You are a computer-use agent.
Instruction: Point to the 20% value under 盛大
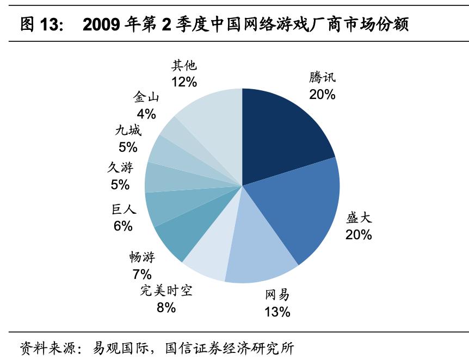tap(359, 235)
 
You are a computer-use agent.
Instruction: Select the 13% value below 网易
tap(277, 312)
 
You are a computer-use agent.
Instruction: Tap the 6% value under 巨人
tap(123, 226)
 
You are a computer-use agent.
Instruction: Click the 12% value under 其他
tap(184, 82)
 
